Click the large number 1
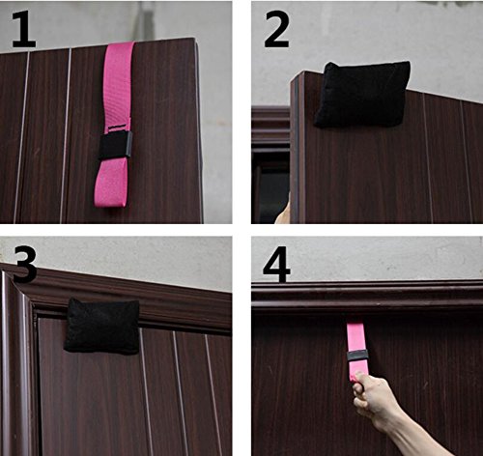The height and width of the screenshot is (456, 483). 23,30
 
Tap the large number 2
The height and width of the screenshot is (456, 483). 276,29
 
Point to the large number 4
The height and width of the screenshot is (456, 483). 276,264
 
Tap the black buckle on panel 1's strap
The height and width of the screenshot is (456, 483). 115,145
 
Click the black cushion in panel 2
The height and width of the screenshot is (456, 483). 362,95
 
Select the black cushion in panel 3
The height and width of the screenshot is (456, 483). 101,326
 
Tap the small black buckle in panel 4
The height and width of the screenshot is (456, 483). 357,356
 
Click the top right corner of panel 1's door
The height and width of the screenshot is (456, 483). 194,40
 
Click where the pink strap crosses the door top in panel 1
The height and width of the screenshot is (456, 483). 120,44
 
